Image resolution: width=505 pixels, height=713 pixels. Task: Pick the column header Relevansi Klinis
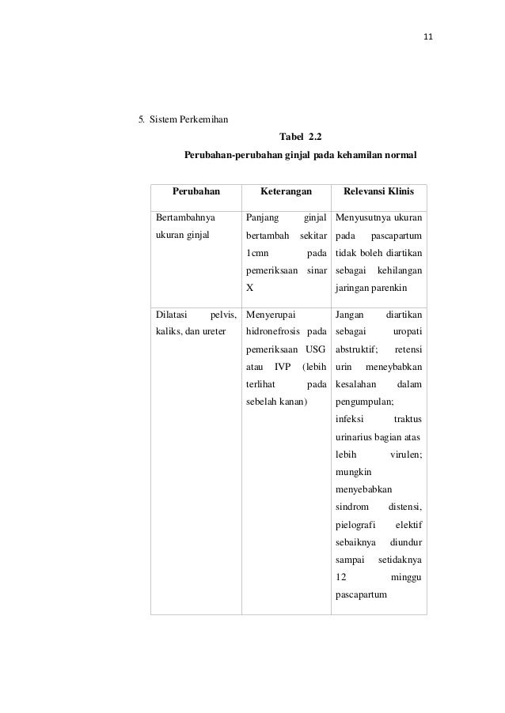(378, 191)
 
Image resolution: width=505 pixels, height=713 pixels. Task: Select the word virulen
(405, 455)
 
